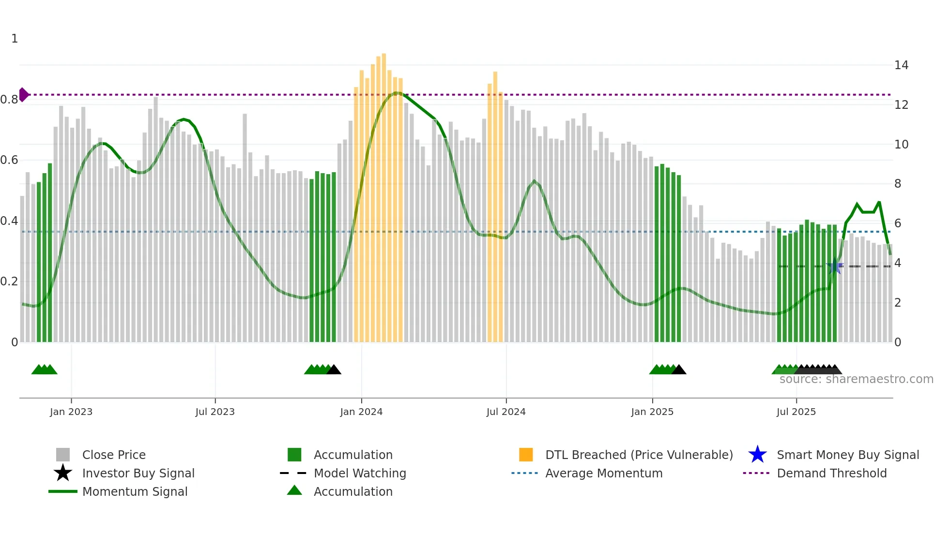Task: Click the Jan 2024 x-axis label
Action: pyautogui.click(x=361, y=412)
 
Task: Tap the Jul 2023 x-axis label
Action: pyautogui.click(x=215, y=412)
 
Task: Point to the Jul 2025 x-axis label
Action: pyautogui.click(x=796, y=412)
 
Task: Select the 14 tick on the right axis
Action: pyautogui.click(x=901, y=65)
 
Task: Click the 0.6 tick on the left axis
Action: pyautogui.click(x=9, y=160)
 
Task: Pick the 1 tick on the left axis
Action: pyautogui.click(x=15, y=39)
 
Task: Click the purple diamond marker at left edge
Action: pyautogui.click(x=23, y=95)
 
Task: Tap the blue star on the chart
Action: pyautogui.click(x=834, y=266)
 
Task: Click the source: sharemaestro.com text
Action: pyautogui.click(x=856, y=379)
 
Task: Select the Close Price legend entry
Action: pyautogui.click(x=114, y=455)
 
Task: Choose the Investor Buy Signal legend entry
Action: pyautogui.click(x=138, y=473)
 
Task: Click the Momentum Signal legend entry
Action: pyautogui.click(x=135, y=491)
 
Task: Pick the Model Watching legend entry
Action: pyautogui.click(x=360, y=473)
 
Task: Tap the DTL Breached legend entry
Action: pyautogui.click(x=639, y=455)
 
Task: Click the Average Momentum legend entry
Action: pyautogui.click(x=604, y=473)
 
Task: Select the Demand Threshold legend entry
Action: pyautogui.click(x=831, y=473)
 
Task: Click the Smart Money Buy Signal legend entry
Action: pyautogui.click(x=847, y=455)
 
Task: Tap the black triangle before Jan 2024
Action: pyautogui.click(x=334, y=370)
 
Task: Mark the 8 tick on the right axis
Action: pyautogui.click(x=898, y=184)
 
